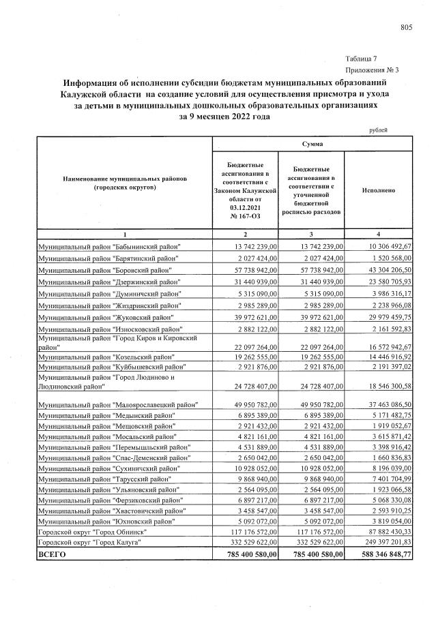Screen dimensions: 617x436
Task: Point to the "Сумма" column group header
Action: click(x=313, y=145)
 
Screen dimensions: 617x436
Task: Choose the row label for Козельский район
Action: click(x=106, y=357)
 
